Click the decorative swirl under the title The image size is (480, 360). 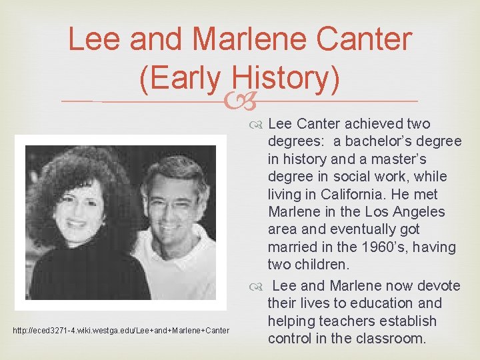(x=240, y=101)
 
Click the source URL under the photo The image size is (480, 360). (x=122, y=331)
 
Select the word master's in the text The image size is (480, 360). (x=411, y=159)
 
